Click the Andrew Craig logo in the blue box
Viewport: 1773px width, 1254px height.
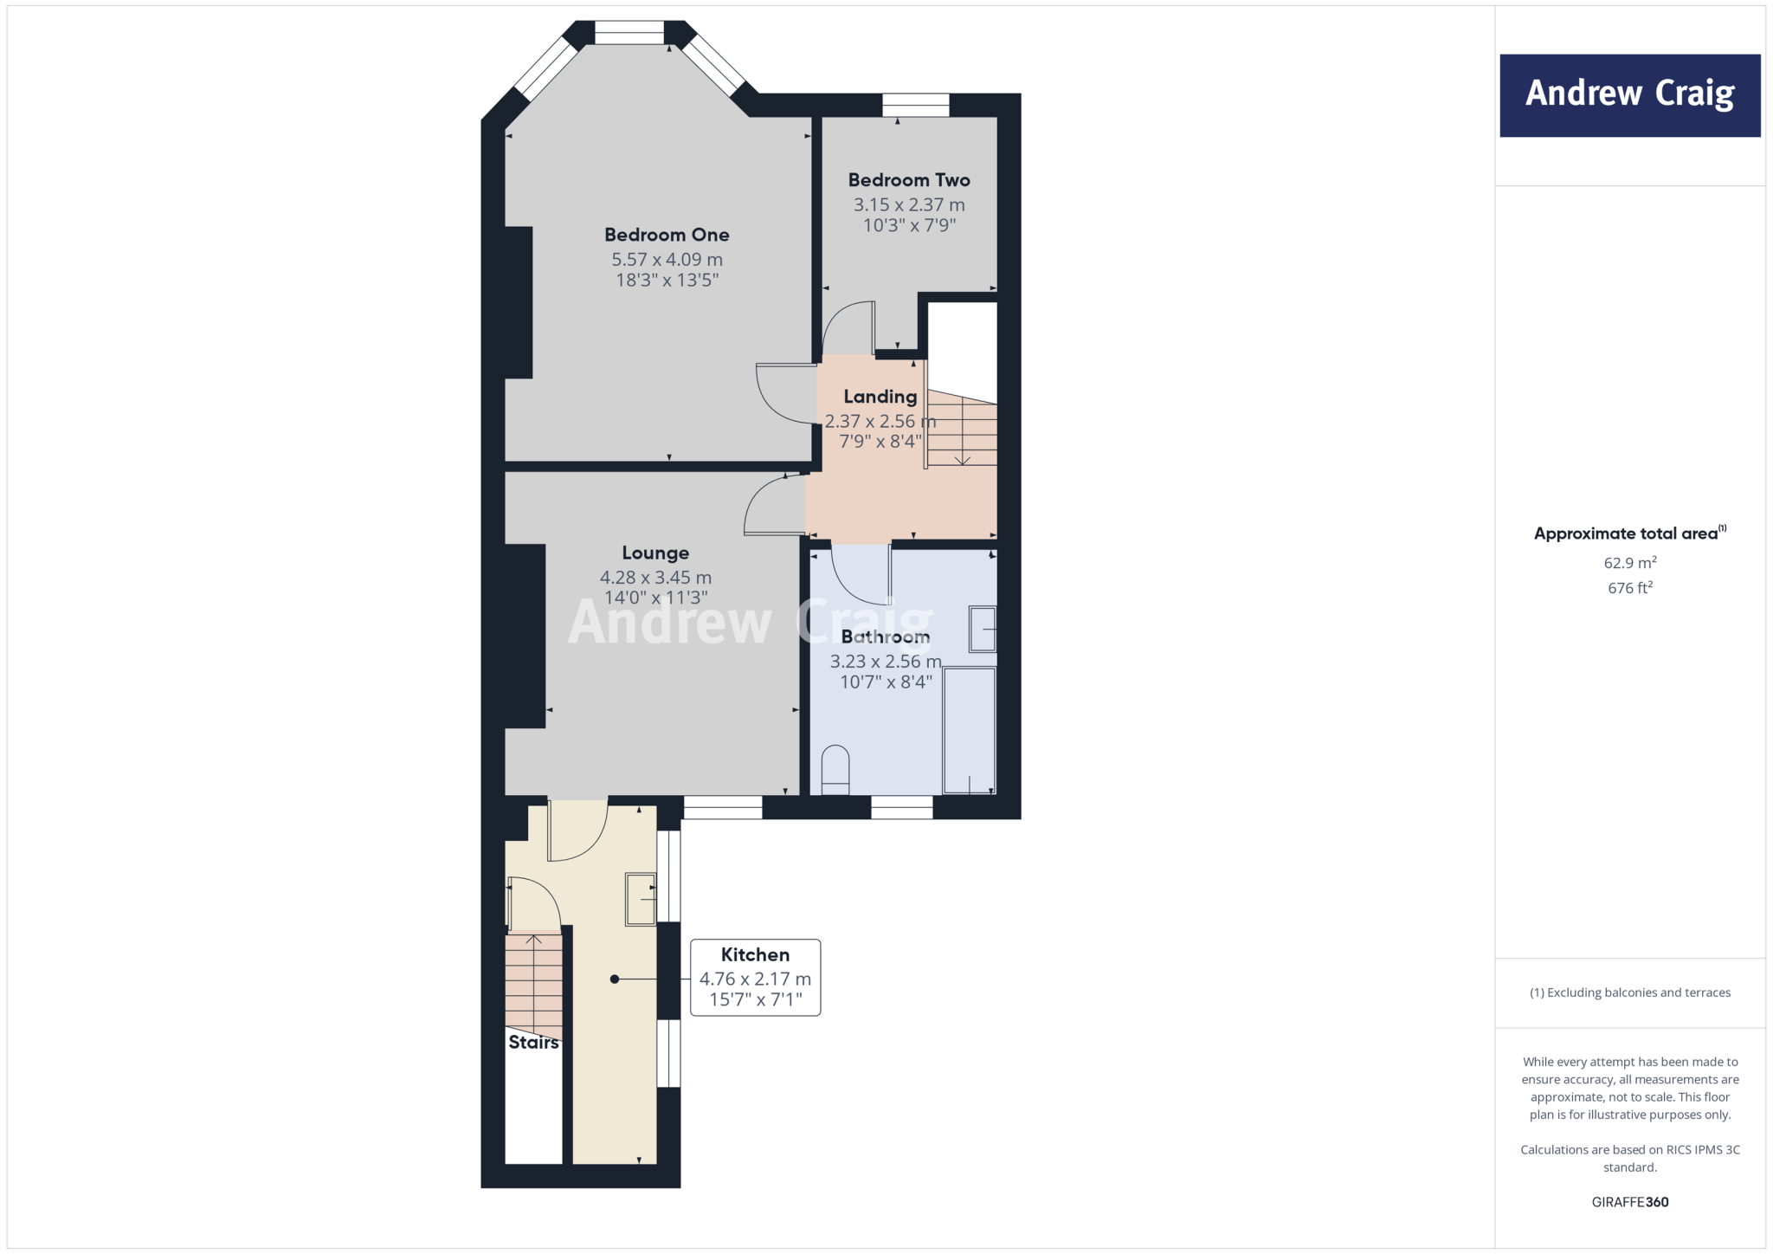click(1629, 94)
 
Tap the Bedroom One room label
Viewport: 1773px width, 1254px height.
click(667, 235)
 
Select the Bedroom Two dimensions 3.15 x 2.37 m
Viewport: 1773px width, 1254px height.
click(908, 205)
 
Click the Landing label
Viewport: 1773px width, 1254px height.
click(880, 397)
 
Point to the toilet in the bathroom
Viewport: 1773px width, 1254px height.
click(835, 769)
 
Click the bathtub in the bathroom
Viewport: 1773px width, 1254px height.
click(969, 729)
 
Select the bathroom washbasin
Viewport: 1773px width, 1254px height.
click(982, 629)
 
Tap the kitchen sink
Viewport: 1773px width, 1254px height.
click(641, 899)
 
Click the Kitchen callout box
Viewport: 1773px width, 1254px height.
click(755, 977)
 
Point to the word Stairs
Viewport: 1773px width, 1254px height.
click(533, 1043)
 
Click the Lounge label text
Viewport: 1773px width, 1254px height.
click(655, 553)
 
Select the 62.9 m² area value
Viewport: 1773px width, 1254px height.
click(1629, 563)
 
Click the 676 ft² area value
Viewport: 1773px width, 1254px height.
click(1629, 588)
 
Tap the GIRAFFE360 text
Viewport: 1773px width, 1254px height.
click(1629, 1202)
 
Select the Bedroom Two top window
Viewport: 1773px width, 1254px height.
click(915, 105)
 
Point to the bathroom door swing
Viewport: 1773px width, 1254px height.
click(857, 579)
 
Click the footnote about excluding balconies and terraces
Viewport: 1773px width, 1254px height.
click(1629, 992)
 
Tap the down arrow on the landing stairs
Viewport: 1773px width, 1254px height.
click(962, 457)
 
